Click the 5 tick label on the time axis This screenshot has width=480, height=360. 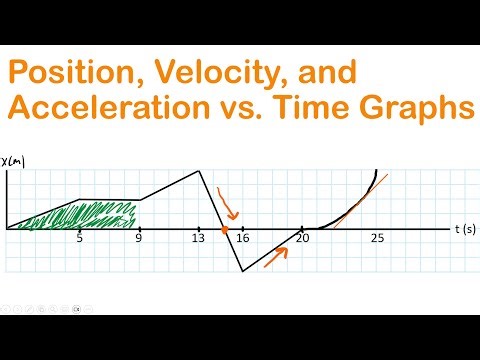(79, 239)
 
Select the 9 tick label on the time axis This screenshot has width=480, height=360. (139, 239)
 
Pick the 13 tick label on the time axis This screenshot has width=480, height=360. (198, 239)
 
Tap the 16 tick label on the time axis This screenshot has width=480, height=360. (242, 239)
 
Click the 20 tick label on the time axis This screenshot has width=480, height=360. (302, 239)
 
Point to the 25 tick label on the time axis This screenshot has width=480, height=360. (377, 239)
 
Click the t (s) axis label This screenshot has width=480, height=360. (465, 229)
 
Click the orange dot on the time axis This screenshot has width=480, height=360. (226, 230)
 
